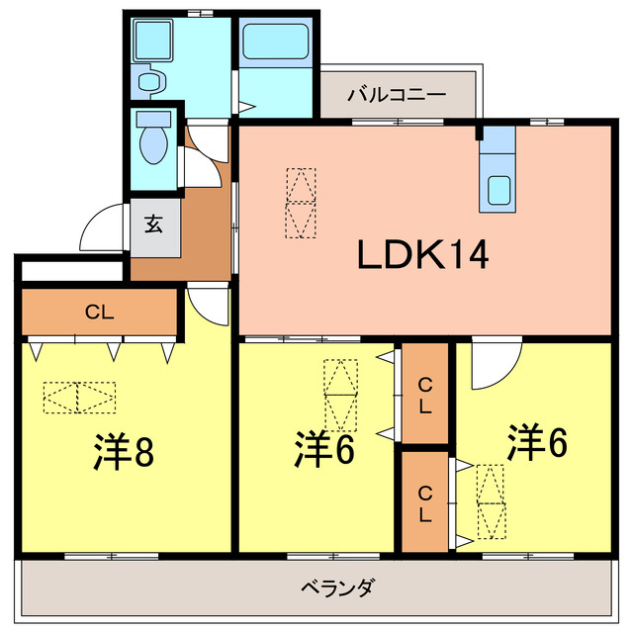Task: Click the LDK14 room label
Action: point(422,256)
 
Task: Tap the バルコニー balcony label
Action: point(396,95)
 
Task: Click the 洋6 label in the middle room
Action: point(323,450)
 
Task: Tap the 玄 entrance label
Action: point(154,224)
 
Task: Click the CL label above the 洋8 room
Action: point(98,313)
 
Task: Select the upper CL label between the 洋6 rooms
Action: point(423,395)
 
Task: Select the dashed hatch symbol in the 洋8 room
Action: point(79,398)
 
